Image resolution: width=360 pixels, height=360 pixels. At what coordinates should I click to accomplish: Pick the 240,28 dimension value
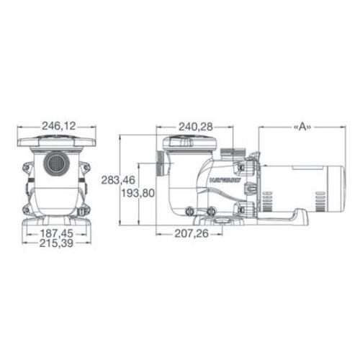point(195,127)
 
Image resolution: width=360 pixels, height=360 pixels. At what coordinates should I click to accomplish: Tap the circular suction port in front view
point(53,165)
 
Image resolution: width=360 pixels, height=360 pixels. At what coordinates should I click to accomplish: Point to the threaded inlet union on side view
point(158,169)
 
